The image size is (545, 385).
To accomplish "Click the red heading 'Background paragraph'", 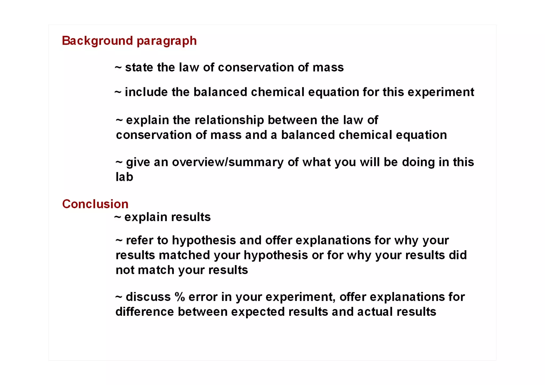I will [129, 41].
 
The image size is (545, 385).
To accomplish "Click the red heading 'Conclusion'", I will [95, 204].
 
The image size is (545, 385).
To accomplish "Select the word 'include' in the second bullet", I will [146, 92].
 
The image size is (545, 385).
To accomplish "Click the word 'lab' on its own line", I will [124, 177].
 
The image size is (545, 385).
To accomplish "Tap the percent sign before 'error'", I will [180, 297].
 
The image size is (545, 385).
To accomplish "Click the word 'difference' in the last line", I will [144, 312].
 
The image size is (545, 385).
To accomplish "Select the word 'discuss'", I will [148, 297].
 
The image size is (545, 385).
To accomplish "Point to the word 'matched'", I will [184, 255].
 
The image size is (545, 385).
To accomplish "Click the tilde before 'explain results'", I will [118, 217].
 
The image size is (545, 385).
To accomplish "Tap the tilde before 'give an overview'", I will [119, 162].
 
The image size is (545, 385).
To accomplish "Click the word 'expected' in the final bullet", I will [258, 312].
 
